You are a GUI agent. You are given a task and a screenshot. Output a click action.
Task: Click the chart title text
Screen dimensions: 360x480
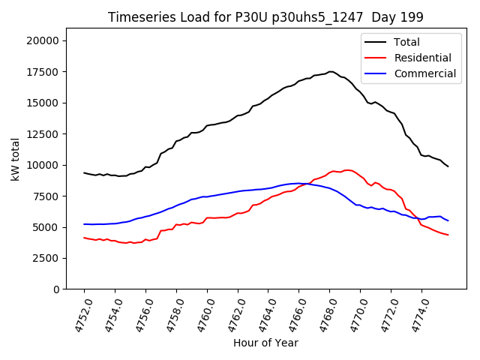(265, 17)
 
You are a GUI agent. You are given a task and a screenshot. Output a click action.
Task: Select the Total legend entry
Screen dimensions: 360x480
(406, 42)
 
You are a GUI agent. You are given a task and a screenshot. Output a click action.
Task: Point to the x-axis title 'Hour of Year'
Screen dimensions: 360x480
(265, 343)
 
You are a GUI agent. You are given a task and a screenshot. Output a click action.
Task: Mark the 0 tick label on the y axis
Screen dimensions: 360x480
(57, 289)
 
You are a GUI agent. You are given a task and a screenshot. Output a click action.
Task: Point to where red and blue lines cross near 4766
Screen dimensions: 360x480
(304, 184)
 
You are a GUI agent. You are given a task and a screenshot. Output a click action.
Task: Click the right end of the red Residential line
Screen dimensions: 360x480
(448, 235)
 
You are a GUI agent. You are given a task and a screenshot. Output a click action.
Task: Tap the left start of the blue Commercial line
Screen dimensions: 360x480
(84, 224)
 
